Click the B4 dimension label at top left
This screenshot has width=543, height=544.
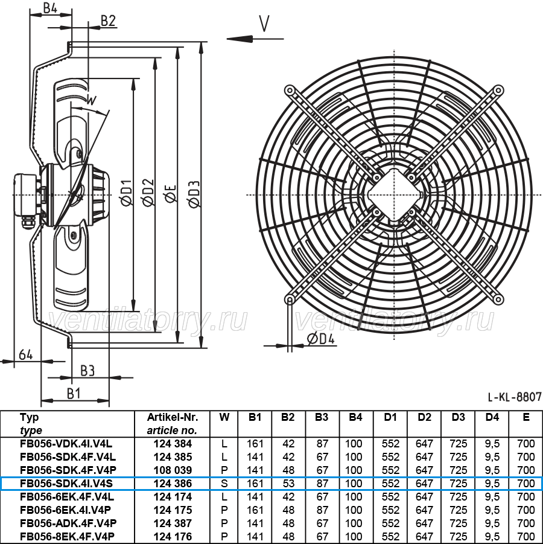click(x=50, y=8)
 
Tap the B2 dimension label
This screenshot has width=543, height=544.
click(x=108, y=21)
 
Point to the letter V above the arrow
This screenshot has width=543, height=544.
click(x=264, y=24)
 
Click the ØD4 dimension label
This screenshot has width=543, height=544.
click(x=321, y=338)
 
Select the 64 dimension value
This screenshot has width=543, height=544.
click(x=26, y=354)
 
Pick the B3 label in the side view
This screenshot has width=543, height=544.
click(x=87, y=371)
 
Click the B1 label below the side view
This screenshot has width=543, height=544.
click(x=74, y=394)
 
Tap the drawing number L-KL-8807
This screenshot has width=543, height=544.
click(x=514, y=397)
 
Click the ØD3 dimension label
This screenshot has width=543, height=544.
click(x=195, y=194)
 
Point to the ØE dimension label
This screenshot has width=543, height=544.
click(x=171, y=194)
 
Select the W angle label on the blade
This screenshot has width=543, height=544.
click(x=91, y=101)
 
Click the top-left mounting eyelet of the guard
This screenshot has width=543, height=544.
click(x=289, y=91)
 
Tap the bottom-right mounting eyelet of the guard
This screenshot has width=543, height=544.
click(x=498, y=299)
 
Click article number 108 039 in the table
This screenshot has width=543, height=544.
click(x=173, y=470)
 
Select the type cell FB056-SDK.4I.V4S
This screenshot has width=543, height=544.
click(x=66, y=483)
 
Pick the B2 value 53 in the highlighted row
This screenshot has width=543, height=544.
click(x=288, y=483)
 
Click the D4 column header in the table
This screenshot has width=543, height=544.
click(x=492, y=417)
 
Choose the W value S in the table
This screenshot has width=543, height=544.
click(x=224, y=483)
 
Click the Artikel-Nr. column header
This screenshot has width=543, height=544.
click(x=173, y=417)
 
